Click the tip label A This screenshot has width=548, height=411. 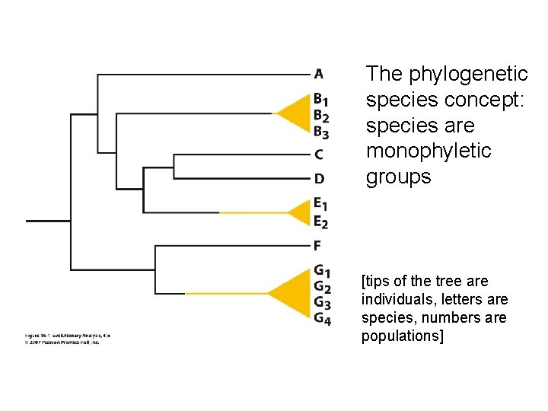click(x=318, y=74)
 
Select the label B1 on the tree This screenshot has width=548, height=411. click(x=320, y=99)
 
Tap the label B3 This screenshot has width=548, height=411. click(x=320, y=132)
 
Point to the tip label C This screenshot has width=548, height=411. click(x=319, y=155)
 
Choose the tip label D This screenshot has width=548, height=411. click(x=319, y=179)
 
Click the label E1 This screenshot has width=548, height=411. click(x=320, y=204)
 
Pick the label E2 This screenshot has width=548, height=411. click(x=320, y=221)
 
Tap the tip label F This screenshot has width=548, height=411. click(x=318, y=245)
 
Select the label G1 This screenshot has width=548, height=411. click(x=322, y=269)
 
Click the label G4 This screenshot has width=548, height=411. click(x=322, y=319)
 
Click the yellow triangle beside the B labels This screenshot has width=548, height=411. click(x=293, y=114)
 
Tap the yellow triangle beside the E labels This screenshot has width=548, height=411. click(x=297, y=212)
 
